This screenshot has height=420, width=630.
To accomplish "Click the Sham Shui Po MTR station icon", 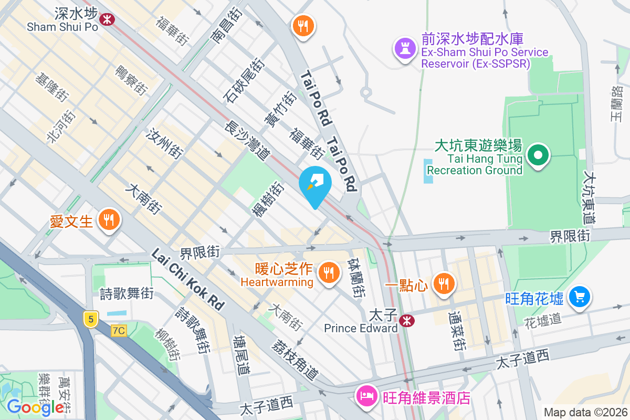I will tap(108, 19).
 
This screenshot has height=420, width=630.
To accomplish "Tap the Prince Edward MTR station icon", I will tap(406, 321).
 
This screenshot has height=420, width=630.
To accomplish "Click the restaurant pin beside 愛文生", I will tap(109, 220).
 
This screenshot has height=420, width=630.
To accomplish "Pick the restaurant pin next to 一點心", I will tap(444, 283).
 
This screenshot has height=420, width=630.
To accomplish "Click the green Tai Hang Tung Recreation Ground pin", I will tap(538, 156).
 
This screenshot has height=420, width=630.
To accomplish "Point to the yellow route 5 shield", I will tap(90, 319).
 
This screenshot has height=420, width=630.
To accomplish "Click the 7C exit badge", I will tap(119, 331).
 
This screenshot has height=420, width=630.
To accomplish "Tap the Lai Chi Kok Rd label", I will tap(188, 278).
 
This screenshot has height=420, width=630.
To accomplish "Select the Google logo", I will tap(36, 407).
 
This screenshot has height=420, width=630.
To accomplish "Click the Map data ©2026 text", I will tap(585, 412).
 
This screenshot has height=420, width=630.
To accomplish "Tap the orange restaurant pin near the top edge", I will tap(303, 26).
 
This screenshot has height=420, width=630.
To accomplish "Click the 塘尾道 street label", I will tap(241, 355).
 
